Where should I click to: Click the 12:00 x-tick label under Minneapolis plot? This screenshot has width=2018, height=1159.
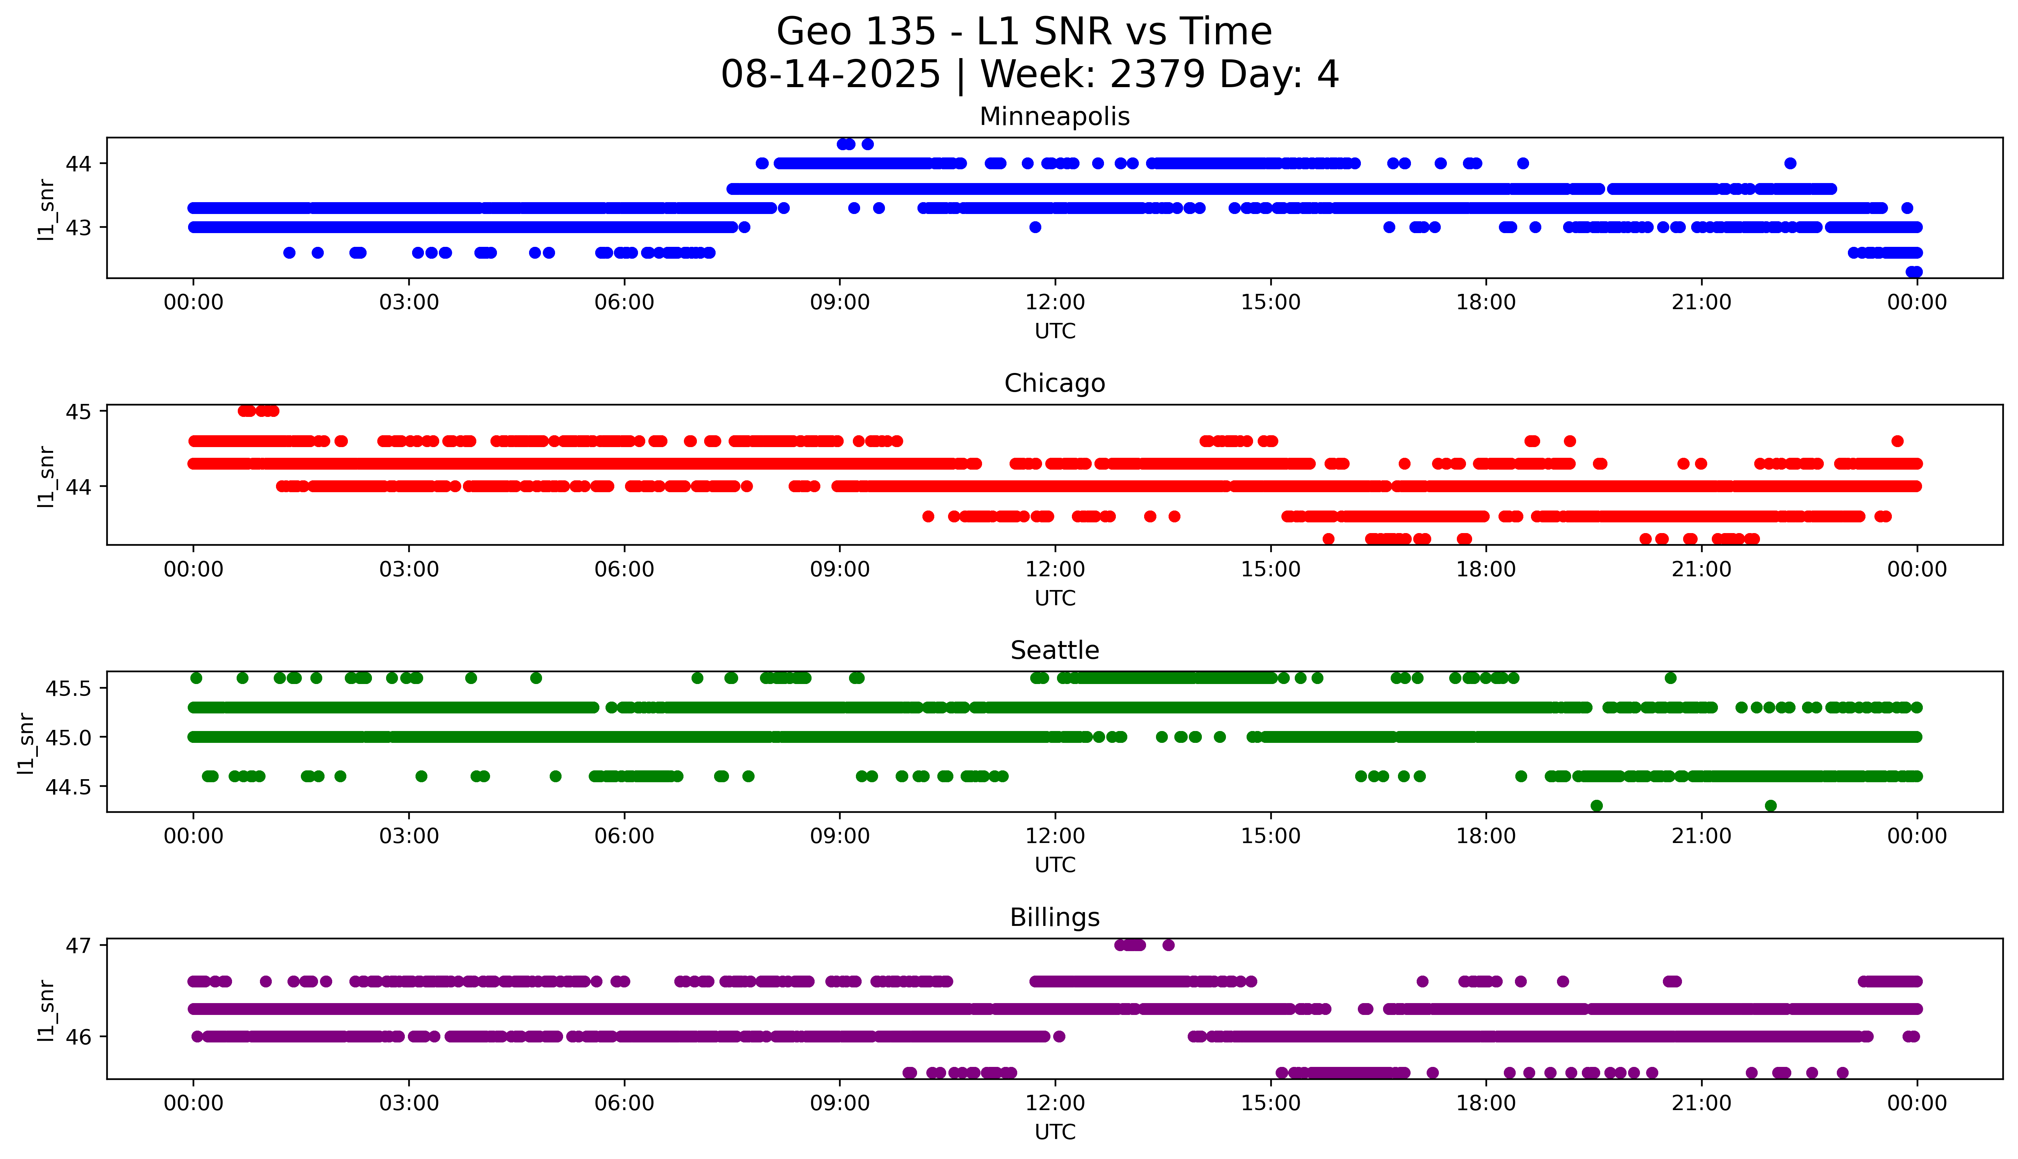[x=1055, y=303]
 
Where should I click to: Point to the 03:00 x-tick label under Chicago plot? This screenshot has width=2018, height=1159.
[x=409, y=569]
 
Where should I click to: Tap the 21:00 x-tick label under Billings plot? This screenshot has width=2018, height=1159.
[x=1701, y=1103]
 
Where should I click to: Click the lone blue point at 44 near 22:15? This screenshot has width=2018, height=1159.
[x=1790, y=163]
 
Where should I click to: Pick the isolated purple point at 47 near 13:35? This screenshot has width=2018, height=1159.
[x=1168, y=945]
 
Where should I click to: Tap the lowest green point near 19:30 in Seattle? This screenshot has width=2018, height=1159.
[x=1596, y=806]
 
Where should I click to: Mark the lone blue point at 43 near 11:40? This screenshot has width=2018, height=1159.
[x=1035, y=227]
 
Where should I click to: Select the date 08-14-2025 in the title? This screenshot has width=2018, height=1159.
[x=830, y=75]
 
